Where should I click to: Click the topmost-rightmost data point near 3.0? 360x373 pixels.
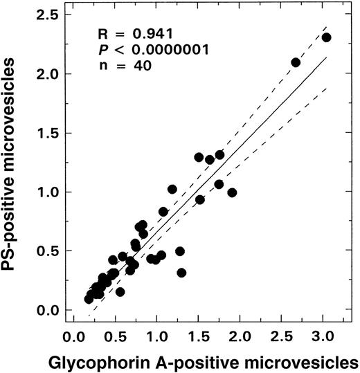pos(327,37)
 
